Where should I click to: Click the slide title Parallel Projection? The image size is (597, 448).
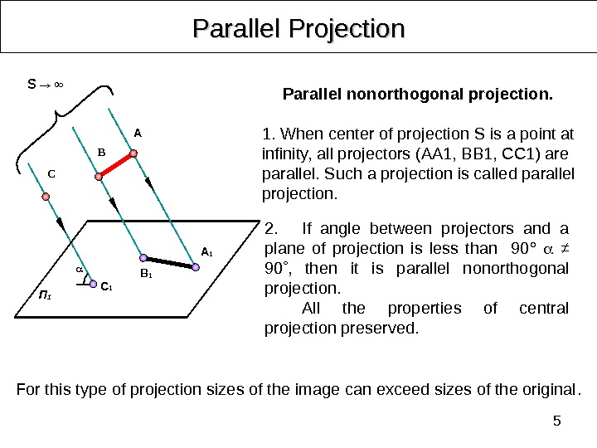[298, 30]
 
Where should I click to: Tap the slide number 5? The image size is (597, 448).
[557, 421]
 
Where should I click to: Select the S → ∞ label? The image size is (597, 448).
[46, 84]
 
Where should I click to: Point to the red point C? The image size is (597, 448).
[46, 197]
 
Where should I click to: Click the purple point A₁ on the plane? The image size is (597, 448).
[196, 267]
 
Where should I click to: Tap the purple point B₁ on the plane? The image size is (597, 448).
[143, 258]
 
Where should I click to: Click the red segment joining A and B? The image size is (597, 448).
[116, 165]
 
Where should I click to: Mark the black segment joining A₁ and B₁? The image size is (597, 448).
[169, 262]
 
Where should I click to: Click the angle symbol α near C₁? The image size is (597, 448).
[80, 270]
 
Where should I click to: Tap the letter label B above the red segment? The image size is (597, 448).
[103, 152]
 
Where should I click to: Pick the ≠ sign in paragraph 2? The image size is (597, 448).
[559, 249]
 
